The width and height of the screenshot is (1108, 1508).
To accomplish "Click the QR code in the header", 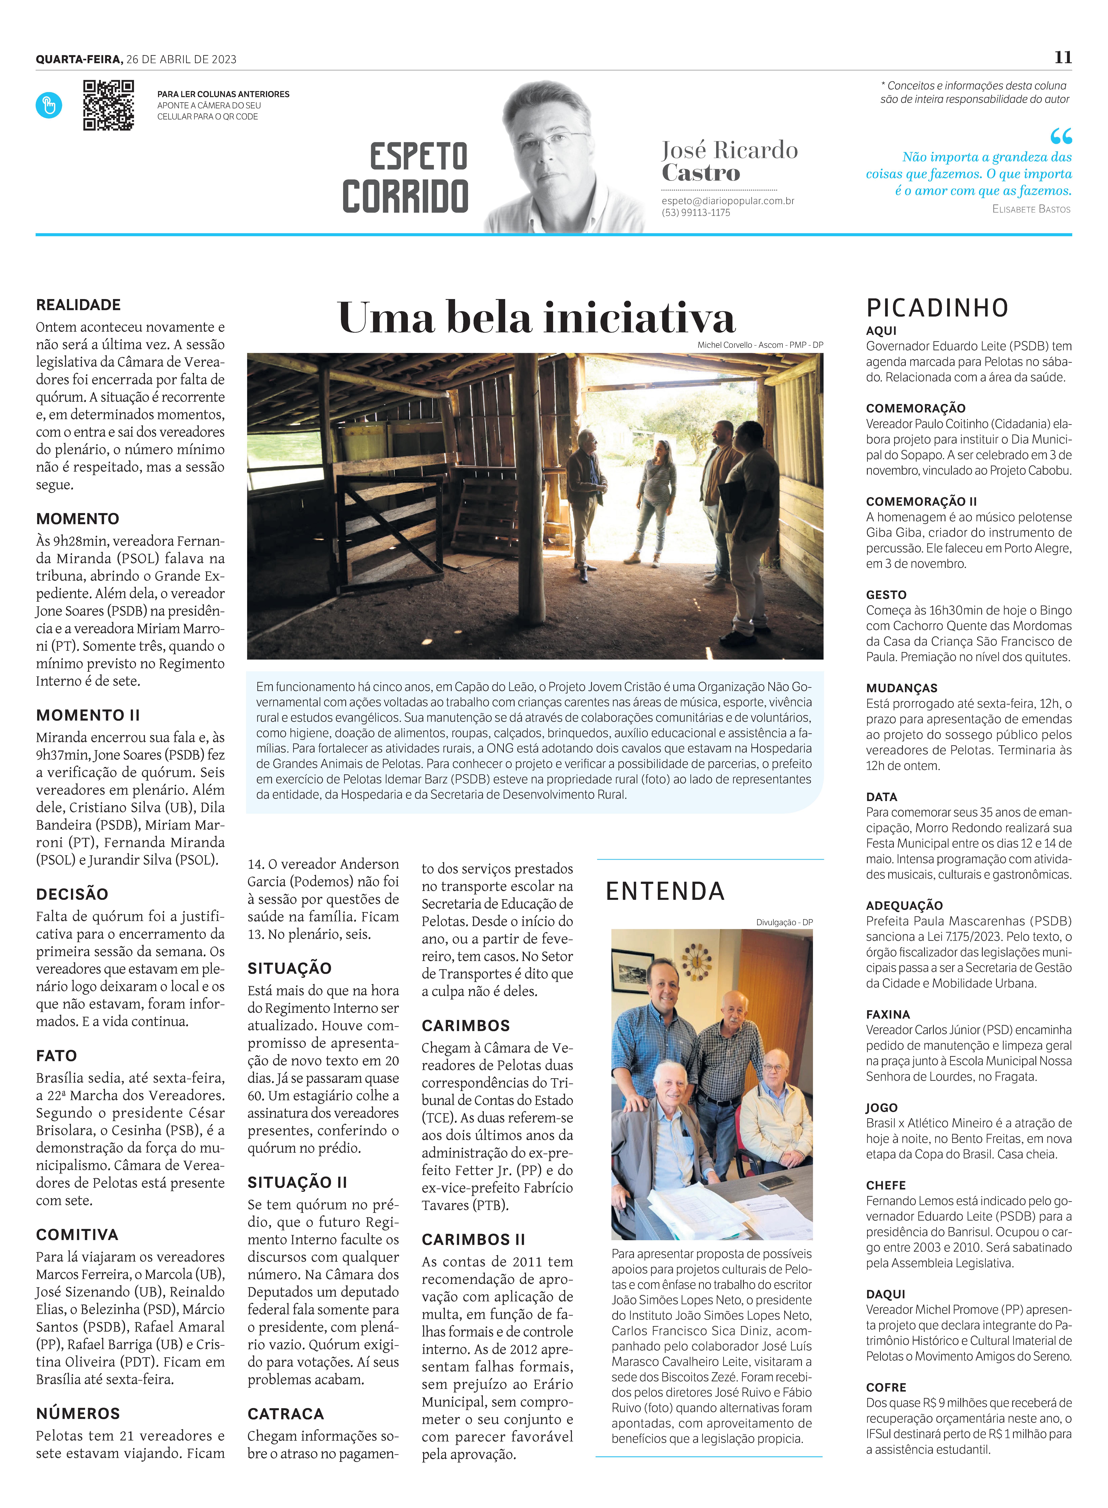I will (108, 105).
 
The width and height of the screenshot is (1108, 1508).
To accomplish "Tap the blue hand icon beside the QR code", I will (49, 105).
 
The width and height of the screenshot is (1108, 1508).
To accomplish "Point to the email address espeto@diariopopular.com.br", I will (728, 200).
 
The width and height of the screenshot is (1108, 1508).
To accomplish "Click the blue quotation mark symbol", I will (1061, 136).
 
